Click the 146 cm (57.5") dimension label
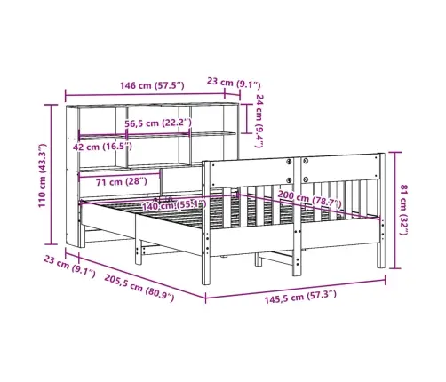(152, 85)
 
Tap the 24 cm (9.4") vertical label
(259, 121)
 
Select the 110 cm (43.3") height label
(43, 175)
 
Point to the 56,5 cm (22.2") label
(158, 123)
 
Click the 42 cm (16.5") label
(102, 147)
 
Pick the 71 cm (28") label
(122, 181)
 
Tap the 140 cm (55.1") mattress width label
(174, 205)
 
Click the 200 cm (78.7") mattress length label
(309, 199)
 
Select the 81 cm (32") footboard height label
(403, 210)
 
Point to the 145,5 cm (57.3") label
(300, 297)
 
